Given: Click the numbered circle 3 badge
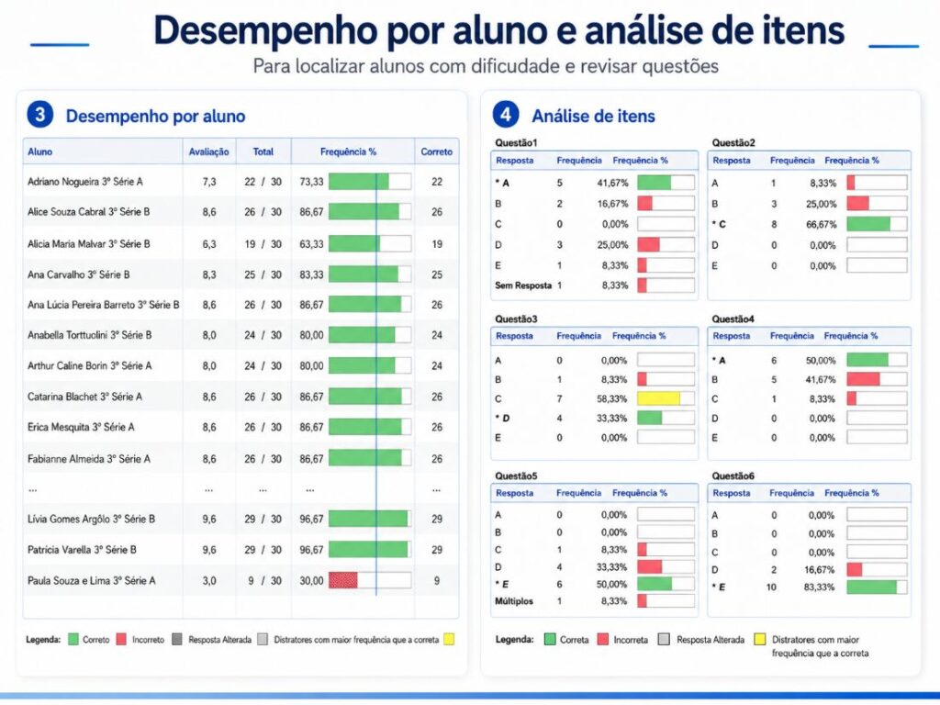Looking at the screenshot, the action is (x=40, y=114).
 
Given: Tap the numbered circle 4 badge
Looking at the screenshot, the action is (x=506, y=114).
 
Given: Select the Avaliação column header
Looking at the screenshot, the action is (x=208, y=152).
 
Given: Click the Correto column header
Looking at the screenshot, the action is (x=436, y=151).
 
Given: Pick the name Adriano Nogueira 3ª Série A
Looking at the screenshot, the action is (x=85, y=182).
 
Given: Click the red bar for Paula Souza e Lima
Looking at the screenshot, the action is (x=343, y=580).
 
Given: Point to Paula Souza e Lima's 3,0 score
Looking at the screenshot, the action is (x=208, y=581).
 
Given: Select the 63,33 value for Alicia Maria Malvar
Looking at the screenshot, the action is (x=311, y=244).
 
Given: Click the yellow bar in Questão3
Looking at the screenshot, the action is (x=658, y=398).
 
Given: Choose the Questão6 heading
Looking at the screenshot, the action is (x=733, y=476).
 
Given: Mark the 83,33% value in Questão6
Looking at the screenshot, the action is (x=820, y=587).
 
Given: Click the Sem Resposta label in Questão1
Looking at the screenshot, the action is (x=522, y=285).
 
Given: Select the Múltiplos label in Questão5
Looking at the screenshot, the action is (x=514, y=601).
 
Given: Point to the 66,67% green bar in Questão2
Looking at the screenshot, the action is (x=868, y=224).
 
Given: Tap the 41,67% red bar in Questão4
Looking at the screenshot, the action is (x=863, y=379).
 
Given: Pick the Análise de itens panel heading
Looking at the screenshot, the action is (x=594, y=116).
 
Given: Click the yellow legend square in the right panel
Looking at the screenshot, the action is (x=759, y=640).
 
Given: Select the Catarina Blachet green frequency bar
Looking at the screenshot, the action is (x=365, y=397).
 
